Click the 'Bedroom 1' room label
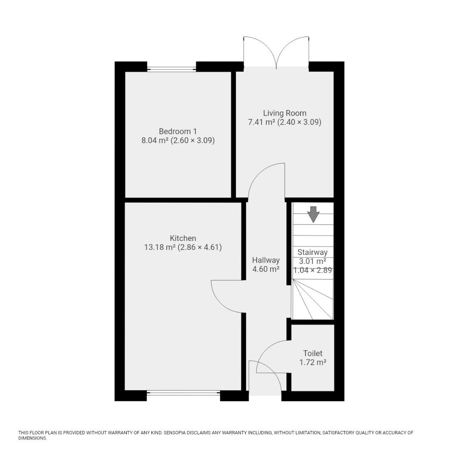(x=178, y=131)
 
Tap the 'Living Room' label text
(x=284, y=113)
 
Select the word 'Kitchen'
(x=183, y=238)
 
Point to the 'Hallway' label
(x=266, y=260)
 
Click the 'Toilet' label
(x=312, y=353)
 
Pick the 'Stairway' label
(x=312, y=252)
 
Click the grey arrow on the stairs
(x=313, y=214)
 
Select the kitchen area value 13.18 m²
(x=160, y=247)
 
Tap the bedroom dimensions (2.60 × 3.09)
(x=193, y=140)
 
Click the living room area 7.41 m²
(x=261, y=122)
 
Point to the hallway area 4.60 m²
(x=266, y=269)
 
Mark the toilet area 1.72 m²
(x=312, y=363)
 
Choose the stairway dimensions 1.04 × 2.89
(x=312, y=270)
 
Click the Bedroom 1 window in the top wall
(x=171, y=69)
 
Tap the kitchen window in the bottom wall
(x=183, y=393)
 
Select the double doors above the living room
(x=276, y=53)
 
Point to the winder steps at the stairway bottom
(x=312, y=300)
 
